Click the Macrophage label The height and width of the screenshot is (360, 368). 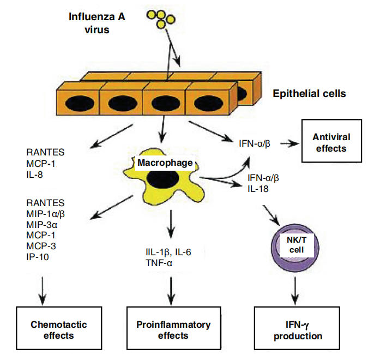coord(164,163)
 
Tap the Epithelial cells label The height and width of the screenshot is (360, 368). coord(309,94)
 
